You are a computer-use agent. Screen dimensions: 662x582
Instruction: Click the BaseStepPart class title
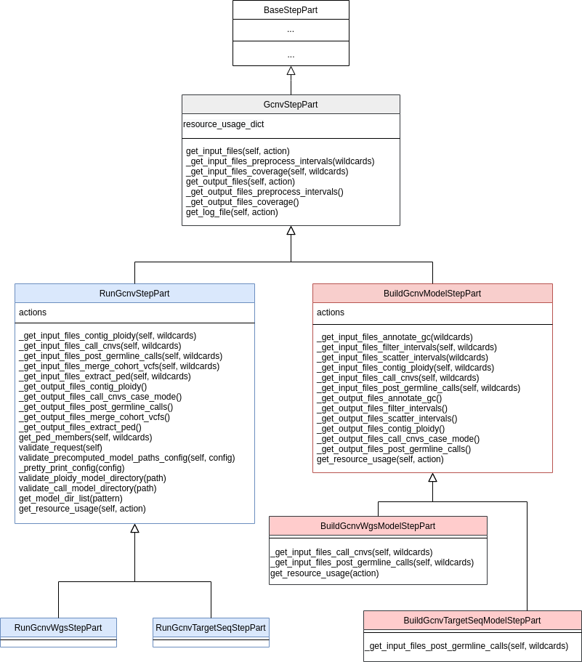[291, 10]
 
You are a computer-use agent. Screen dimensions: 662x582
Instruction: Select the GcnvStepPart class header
[291, 105]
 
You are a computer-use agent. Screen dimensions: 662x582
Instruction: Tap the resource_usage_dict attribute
[224, 124]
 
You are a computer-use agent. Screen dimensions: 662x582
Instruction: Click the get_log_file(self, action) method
[232, 212]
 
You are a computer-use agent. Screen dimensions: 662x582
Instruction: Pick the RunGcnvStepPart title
[134, 294]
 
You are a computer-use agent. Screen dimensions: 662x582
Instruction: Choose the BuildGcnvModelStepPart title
[432, 294]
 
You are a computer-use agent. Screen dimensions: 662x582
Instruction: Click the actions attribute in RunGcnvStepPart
[33, 312]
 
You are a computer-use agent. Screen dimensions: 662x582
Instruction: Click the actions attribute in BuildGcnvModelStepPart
[331, 312]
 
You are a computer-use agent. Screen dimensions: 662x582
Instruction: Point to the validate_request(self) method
[60, 448]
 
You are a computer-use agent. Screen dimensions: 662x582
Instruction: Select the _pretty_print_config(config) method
[71, 468]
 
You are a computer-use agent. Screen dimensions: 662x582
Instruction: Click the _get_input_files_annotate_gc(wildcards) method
[395, 337]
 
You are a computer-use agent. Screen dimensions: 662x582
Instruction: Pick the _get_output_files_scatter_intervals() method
[387, 419]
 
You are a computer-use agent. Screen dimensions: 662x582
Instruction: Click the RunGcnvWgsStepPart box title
[58, 627]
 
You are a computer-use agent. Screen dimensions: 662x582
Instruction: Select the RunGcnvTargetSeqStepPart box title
[211, 627]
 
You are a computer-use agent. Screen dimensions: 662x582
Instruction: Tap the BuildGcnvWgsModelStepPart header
[378, 526]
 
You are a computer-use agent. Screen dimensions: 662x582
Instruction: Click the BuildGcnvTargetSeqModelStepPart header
[472, 621]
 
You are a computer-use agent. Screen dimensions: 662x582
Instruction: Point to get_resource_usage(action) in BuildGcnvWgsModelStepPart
[324, 573]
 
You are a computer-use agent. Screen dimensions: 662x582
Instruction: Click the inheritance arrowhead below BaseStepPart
[291, 70]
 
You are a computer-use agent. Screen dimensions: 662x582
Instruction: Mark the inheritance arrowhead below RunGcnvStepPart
[134, 528]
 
